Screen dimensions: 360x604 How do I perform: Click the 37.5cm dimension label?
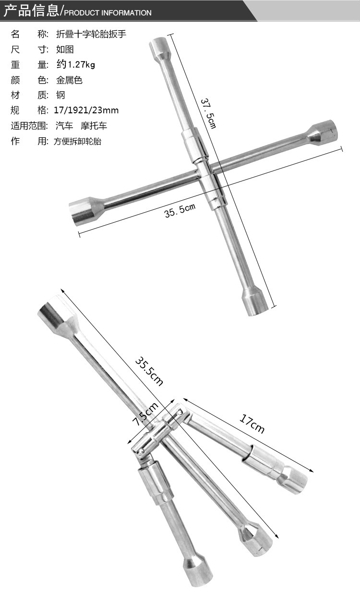pyautogui.click(x=208, y=114)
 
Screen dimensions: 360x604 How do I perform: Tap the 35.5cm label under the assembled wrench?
pyautogui.click(x=180, y=211)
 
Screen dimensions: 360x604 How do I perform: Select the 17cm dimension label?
pyautogui.click(x=252, y=423)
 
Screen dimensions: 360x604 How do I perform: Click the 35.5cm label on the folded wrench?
pyautogui.click(x=149, y=371)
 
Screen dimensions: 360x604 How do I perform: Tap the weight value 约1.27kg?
pyautogui.click(x=76, y=64)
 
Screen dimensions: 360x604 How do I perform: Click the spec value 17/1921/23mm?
pyautogui.click(x=86, y=110)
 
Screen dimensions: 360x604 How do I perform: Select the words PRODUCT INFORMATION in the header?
pyautogui.click(x=108, y=13)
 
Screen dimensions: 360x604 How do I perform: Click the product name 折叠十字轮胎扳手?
pyautogui.click(x=91, y=34)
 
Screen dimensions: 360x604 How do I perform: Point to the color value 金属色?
pyautogui.click(x=69, y=80)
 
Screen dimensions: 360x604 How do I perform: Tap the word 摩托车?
pyautogui.click(x=94, y=125)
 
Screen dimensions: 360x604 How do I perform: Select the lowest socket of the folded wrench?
pyautogui.click(x=198, y=572)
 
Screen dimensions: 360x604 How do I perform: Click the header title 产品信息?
pyautogui.click(x=31, y=11)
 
